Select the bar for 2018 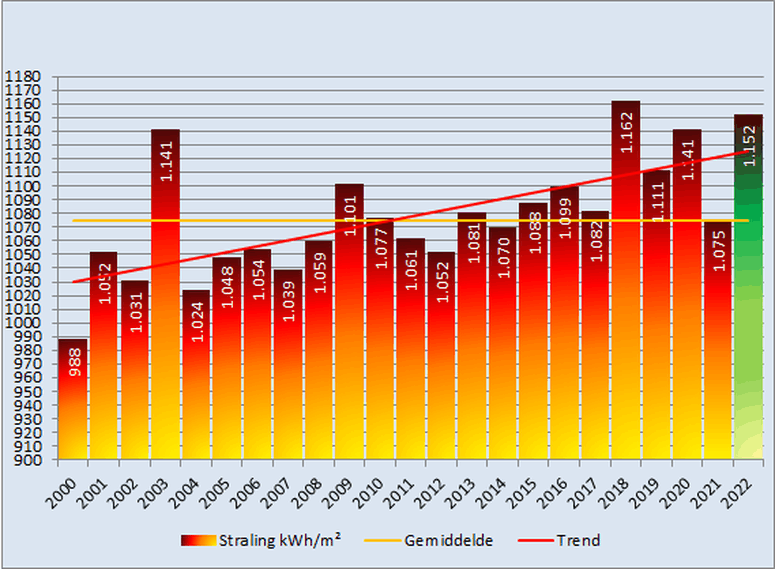coord(625,300)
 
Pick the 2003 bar coord(165,300)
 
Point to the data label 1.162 coord(626,132)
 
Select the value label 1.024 coord(196,321)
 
